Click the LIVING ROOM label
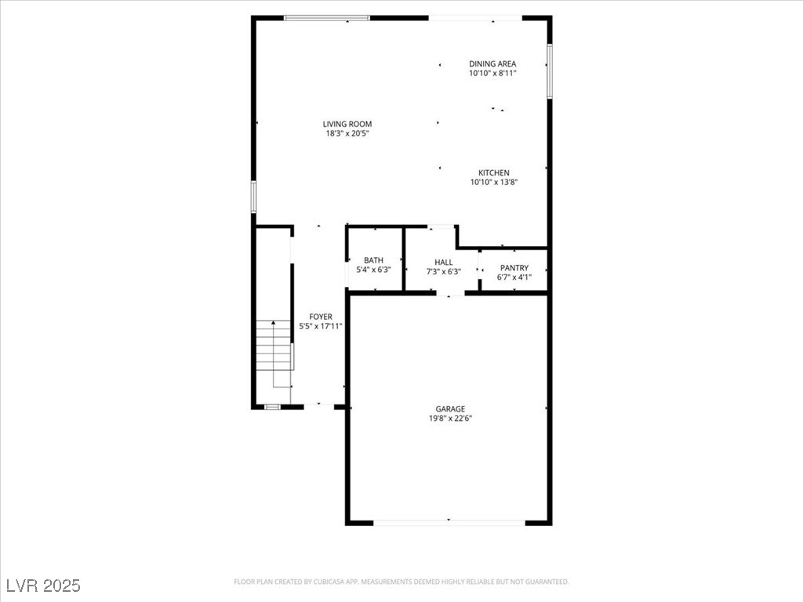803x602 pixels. (x=347, y=124)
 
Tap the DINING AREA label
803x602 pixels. (x=492, y=64)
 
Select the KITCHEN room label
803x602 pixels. (x=494, y=173)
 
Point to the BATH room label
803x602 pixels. (x=373, y=260)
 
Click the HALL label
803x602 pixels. (x=444, y=263)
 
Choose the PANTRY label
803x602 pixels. (x=514, y=268)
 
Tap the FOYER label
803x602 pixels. (x=321, y=317)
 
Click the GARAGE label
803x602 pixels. (x=450, y=409)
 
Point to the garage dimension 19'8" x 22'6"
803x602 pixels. (x=450, y=419)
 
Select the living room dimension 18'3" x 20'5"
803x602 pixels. (x=347, y=133)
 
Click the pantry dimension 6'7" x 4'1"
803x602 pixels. (x=514, y=277)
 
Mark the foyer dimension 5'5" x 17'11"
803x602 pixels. (x=321, y=326)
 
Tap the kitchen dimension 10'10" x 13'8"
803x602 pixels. (x=494, y=182)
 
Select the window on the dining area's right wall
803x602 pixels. (x=549, y=71)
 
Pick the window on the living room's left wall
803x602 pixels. (x=253, y=197)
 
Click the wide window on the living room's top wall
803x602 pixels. (x=327, y=18)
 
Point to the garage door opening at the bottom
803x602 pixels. (x=449, y=523)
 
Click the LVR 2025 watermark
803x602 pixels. (x=44, y=586)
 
